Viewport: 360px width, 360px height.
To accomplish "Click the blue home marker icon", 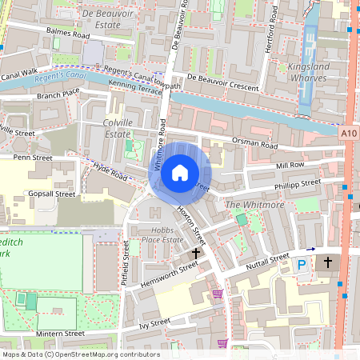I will [x=180, y=172].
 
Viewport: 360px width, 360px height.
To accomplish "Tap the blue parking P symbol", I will [x=302, y=264].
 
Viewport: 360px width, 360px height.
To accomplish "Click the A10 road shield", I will [x=349, y=134].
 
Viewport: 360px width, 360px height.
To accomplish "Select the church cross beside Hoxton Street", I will [x=196, y=253].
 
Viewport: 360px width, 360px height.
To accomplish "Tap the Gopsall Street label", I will [x=51, y=194].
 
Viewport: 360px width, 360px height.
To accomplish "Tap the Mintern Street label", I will [x=60, y=333].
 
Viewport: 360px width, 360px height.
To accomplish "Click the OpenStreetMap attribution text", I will [x=80, y=354].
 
